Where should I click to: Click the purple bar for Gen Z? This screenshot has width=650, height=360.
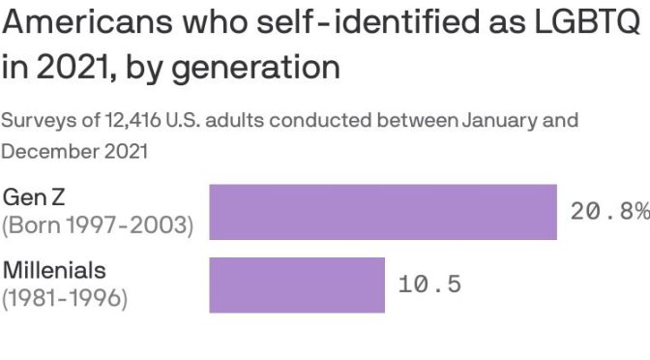click(383, 212)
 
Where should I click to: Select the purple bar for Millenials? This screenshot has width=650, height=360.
click(297, 285)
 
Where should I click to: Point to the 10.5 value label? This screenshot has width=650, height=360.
click(430, 285)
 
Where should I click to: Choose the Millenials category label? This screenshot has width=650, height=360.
click(54, 270)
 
